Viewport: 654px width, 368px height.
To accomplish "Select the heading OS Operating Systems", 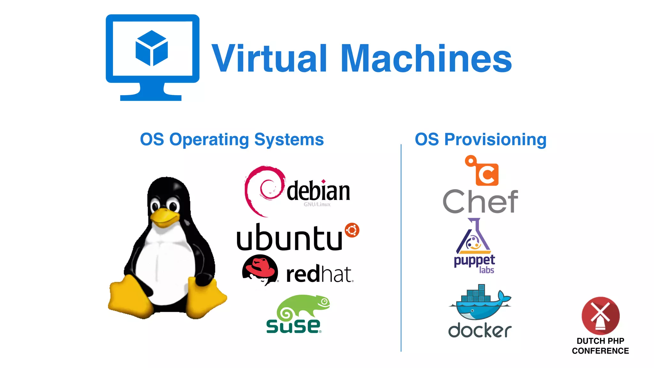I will pyautogui.click(x=232, y=140).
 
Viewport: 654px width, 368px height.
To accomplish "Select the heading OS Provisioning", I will pyautogui.click(x=480, y=140).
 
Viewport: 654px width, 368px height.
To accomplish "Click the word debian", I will pyautogui.click(x=318, y=191).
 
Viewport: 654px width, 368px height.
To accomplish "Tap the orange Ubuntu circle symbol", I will pyautogui.click(x=352, y=230).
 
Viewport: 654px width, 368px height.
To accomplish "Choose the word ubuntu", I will pyautogui.click(x=289, y=238).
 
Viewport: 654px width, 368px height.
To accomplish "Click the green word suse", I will pyautogui.click(x=293, y=326).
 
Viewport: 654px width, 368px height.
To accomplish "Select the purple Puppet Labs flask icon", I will pyautogui.click(x=473, y=238).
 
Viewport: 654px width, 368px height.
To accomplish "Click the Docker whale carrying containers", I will pyautogui.click(x=479, y=303).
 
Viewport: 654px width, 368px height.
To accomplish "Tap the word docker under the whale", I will pyautogui.click(x=480, y=330).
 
